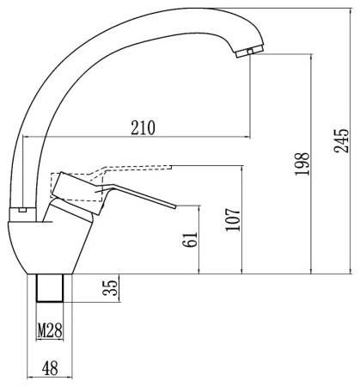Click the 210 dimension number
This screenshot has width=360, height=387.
click(143, 128)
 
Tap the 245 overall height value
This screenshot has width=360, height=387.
click(341, 141)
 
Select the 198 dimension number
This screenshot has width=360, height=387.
click(302, 164)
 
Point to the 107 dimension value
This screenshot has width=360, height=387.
click(233, 219)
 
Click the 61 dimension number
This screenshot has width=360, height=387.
click(190, 239)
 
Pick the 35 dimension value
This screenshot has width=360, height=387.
click(110, 287)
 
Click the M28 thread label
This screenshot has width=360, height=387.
click(50, 331)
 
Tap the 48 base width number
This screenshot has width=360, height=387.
click(50, 368)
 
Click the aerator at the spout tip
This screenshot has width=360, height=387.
click(249, 52)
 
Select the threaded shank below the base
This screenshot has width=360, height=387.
click(50, 288)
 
